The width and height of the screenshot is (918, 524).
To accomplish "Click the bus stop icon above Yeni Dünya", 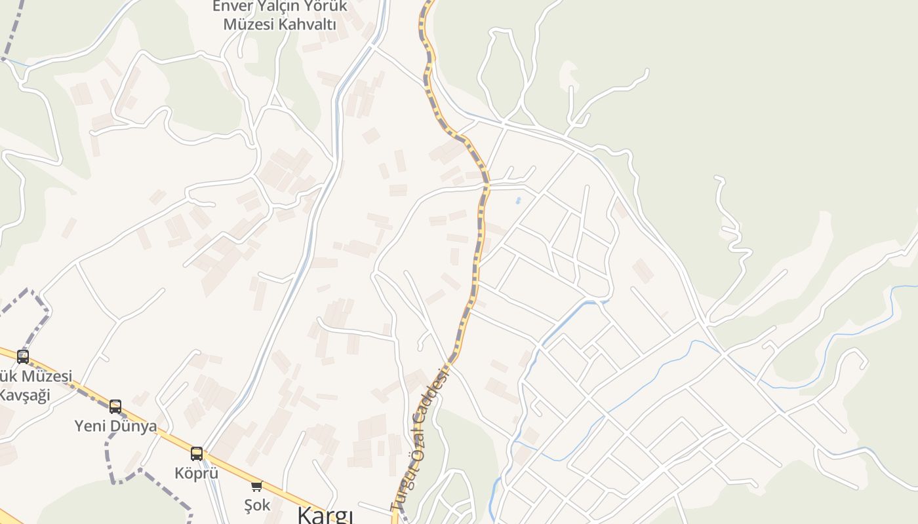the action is tap(115, 407).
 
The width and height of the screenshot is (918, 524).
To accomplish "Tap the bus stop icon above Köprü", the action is tap(196, 453).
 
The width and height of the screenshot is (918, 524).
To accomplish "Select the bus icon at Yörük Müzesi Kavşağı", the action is tap(23, 357).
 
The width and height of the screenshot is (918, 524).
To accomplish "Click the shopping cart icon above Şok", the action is tap(256, 486).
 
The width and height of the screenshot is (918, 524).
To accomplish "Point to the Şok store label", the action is tap(256, 505).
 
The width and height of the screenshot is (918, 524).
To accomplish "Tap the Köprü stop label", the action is tap(196, 472).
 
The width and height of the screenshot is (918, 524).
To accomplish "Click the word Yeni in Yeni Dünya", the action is tap(90, 426).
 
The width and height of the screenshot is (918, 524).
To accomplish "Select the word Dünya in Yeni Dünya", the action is tap(133, 426).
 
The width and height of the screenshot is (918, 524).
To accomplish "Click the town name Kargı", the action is tap(325, 515).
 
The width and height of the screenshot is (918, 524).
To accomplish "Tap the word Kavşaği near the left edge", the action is tap(24, 395).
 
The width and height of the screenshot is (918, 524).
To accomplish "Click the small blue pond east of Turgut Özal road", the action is tap(518, 200).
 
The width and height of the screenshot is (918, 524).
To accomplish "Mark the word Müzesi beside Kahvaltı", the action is tap(249, 25).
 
